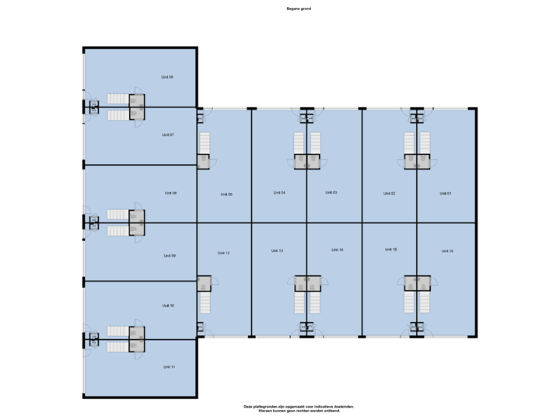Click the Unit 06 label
click(x=167, y=77)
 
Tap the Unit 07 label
click(x=167, y=135)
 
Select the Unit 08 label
click(x=170, y=193)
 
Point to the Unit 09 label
click(x=170, y=256)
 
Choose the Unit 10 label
click(x=168, y=306)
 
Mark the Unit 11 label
click(x=169, y=366)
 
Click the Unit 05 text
click(x=226, y=194)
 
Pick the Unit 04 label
click(x=279, y=192)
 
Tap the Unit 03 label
click(x=330, y=192)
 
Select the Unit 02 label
click(x=390, y=193)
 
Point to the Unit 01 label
click(x=445, y=193)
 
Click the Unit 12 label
click(x=223, y=253)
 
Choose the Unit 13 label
click(x=277, y=250)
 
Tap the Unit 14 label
click(x=337, y=250)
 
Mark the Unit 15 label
click(x=390, y=250)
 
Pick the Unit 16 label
click(x=446, y=251)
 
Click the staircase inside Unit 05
click(x=205, y=143)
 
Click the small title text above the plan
click(x=299, y=9)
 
